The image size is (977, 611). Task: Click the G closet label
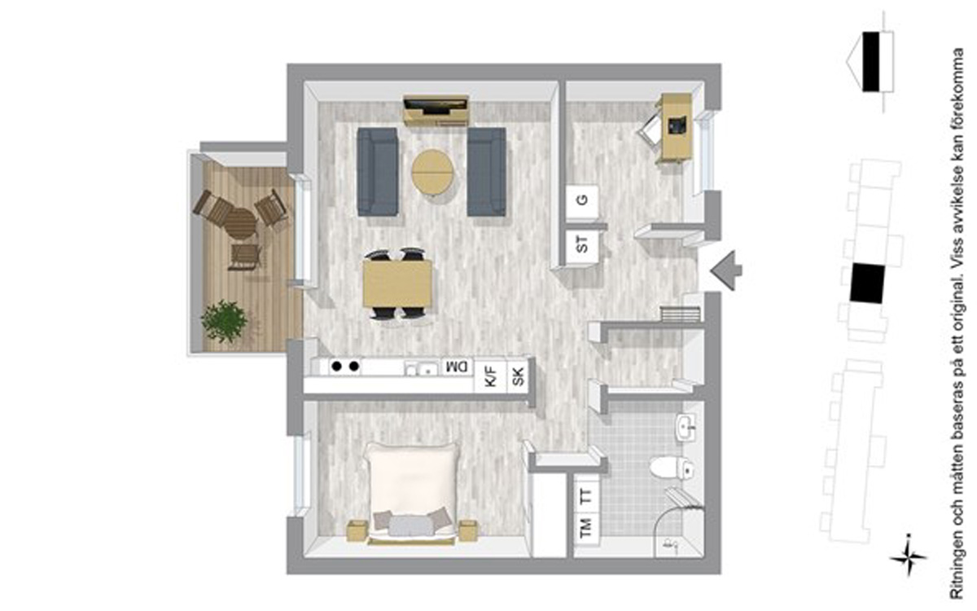(x=581, y=200)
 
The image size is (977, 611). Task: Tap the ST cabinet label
(x=582, y=244)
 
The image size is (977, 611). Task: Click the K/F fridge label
(x=491, y=376)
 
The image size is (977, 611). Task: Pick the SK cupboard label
(x=518, y=377)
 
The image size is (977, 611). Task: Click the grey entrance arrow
(x=725, y=270)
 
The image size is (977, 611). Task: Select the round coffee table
(x=432, y=173)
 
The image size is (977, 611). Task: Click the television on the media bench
(x=436, y=105)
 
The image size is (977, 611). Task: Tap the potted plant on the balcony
(x=224, y=321)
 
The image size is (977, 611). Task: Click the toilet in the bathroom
(x=671, y=468)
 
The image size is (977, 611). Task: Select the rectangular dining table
(x=397, y=284)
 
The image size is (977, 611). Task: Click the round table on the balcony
(x=240, y=223)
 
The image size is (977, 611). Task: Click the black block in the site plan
(x=867, y=284)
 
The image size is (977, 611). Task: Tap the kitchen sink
(x=423, y=368)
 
